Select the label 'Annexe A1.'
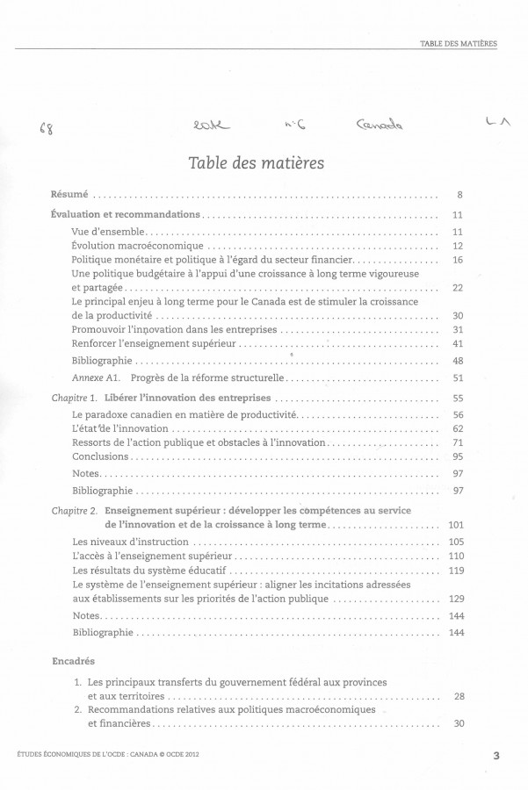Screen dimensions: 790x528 [x=98, y=379]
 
